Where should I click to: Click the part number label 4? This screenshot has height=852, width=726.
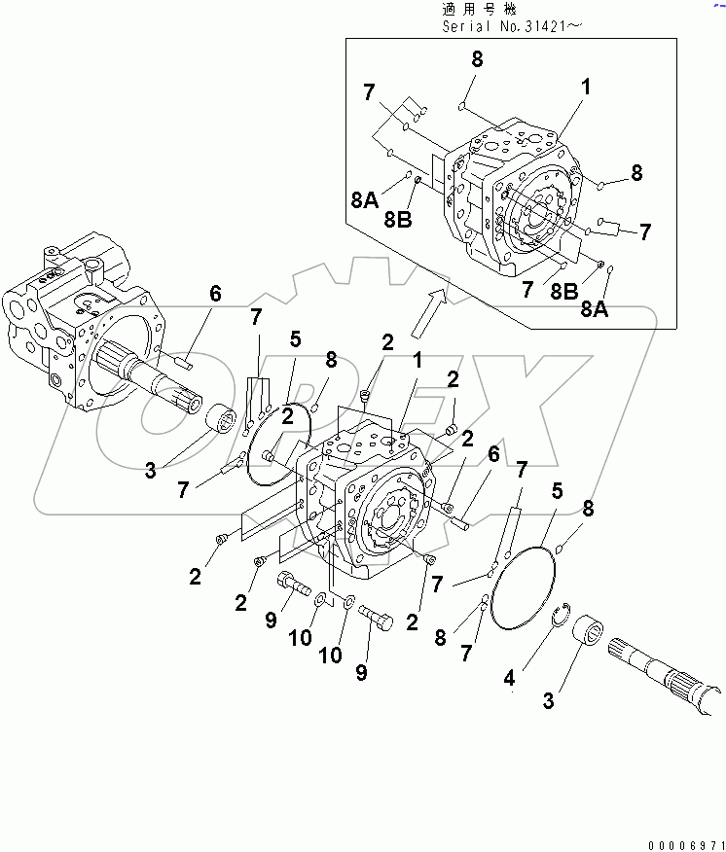tap(509, 679)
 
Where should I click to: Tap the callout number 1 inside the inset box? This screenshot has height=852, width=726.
tap(585, 87)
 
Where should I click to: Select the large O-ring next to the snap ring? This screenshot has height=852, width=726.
tap(524, 588)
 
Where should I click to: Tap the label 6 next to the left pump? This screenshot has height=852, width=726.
tap(215, 293)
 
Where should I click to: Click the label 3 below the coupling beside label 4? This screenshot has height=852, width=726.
tap(550, 700)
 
